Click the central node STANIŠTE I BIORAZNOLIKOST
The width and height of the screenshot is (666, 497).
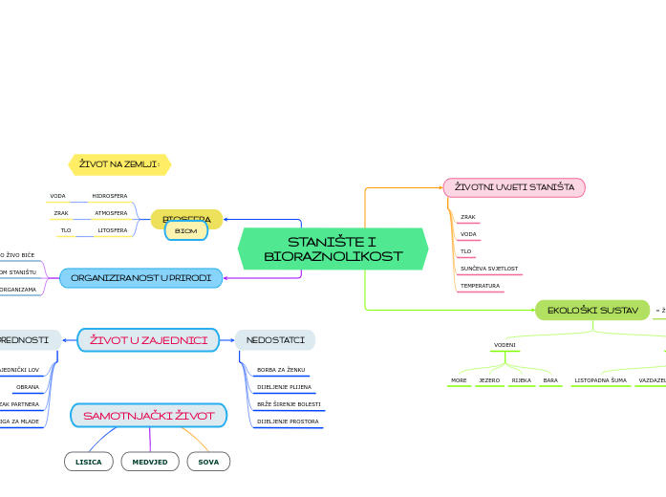pos(333,248)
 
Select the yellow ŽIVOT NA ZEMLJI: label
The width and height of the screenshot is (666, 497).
pos(119,164)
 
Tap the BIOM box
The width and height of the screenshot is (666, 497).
pos(186,231)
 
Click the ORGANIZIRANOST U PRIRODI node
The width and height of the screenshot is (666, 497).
pos(140,277)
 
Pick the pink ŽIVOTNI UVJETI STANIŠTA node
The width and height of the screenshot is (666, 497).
pos(514,187)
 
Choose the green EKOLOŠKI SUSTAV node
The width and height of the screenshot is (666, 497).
pos(592,310)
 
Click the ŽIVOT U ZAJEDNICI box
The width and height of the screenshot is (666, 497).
pos(148,339)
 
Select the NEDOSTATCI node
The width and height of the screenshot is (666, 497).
pos(275,339)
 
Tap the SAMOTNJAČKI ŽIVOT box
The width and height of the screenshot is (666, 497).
pos(148,416)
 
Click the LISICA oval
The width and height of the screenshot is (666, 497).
pos(89,462)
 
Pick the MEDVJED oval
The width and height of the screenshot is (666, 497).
pos(150,462)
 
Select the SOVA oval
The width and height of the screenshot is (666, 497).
pos(208,462)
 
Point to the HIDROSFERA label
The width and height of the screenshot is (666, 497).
pos(109,196)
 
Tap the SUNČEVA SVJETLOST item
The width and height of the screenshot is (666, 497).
pos(489,269)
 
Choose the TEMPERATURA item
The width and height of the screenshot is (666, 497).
pos(480,286)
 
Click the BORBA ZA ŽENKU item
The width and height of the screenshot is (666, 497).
pos(281,370)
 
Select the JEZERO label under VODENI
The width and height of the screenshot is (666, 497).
pos(489,380)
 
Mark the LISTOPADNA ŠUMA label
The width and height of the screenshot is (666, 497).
pos(600,380)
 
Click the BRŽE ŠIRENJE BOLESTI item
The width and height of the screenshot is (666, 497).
pos(289,404)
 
